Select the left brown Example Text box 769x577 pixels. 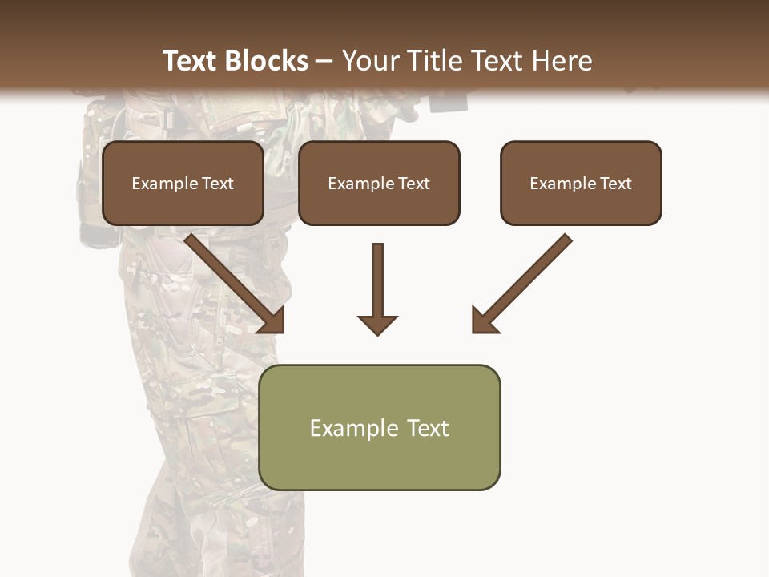183,183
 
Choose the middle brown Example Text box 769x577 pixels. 379,183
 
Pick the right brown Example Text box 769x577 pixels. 581,183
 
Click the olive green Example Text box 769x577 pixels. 379,427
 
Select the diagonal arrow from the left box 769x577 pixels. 232,280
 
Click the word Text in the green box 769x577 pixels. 428,428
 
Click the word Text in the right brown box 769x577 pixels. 616,184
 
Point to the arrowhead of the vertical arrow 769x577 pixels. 377,324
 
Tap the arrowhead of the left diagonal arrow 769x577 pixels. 272,321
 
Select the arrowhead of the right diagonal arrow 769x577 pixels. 484,321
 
